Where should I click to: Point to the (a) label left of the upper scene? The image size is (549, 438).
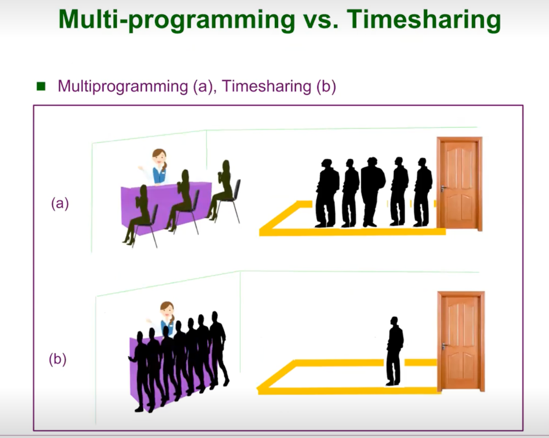click(x=60, y=204)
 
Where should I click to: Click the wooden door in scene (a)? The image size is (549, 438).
click(x=459, y=184)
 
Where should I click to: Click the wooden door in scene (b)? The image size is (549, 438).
click(x=461, y=340)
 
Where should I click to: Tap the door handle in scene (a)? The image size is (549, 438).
click(x=442, y=188)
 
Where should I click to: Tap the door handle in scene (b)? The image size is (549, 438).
click(x=444, y=346)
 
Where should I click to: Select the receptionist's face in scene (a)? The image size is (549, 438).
click(x=159, y=158)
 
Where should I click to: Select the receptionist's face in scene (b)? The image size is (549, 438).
click(x=167, y=311)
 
